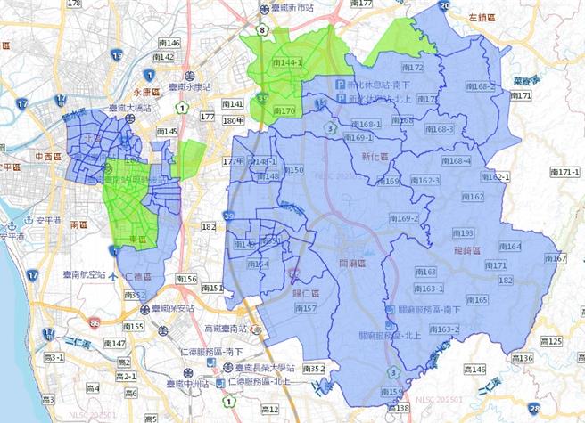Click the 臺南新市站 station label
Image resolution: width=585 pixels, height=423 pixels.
[x=292, y=8]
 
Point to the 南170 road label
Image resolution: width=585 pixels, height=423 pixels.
[x=283, y=111]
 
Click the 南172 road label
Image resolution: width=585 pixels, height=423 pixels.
[x=412, y=68]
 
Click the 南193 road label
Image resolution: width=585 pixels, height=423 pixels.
[x=462, y=233]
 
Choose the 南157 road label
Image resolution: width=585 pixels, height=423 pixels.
[x=304, y=308]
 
